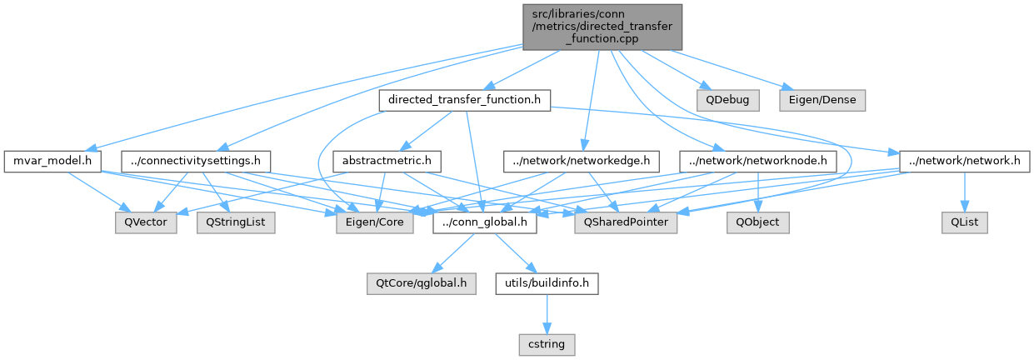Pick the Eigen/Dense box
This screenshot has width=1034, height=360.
(x=822, y=100)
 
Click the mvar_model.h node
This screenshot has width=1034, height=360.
(x=52, y=160)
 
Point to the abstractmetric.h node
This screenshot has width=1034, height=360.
(x=386, y=160)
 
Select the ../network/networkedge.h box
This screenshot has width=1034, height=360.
(x=582, y=160)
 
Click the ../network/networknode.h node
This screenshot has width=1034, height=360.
(x=757, y=160)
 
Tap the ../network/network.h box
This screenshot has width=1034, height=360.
(x=960, y=160)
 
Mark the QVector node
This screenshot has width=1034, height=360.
(x=146, y=223)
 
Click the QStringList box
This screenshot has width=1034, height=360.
(x=236, y=223)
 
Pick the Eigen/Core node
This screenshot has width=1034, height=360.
(x=374, y=223)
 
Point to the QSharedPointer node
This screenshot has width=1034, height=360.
(x=626, y=223)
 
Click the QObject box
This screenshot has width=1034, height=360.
(x=757, y=223)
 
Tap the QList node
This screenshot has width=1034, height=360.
(x=965, y=223)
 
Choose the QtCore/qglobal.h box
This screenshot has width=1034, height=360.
(x=421, y=283)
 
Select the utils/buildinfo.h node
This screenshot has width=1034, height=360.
(x=547, y=283)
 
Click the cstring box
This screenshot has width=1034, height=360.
(x=547, y=342)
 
